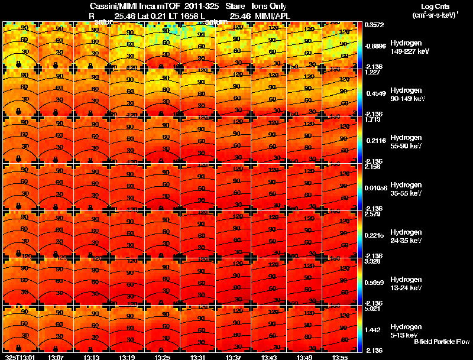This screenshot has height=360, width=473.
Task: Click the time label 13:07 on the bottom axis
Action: coord(56,357)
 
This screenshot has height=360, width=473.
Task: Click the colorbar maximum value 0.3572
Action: coord(373,25)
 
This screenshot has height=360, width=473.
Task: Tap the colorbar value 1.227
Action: coord(371,73)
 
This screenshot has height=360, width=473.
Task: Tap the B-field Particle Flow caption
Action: coord(442,342)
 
